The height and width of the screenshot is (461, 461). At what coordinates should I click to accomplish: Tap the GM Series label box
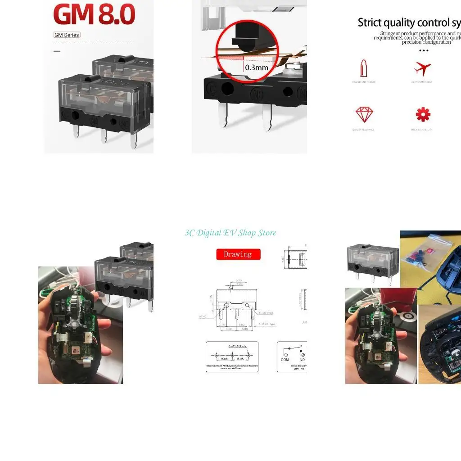click(67, 35)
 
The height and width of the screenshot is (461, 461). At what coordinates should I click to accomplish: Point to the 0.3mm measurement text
click(256, 68)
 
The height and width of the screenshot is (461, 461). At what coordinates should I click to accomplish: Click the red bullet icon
click(364, 68)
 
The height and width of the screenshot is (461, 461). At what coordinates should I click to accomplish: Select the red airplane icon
click(422, 69)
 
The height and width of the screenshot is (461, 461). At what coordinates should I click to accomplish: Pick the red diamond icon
click(364, 115)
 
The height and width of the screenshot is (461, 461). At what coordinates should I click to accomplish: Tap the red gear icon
click(423, 115)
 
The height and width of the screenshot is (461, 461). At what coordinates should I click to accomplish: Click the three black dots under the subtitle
click(423, 50)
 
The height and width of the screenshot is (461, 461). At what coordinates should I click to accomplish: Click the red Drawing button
click(238, 254)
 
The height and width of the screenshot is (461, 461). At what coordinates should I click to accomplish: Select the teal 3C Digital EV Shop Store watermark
click(230, 233)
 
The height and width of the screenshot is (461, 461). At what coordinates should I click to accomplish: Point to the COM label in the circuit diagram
click(285, 360)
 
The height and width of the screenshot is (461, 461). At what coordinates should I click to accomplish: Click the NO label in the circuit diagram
click(302, 360)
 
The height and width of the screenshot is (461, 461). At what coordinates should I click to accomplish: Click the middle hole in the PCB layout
click(232, 355)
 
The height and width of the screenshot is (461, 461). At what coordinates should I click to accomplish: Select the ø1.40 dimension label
click(202, 317)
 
